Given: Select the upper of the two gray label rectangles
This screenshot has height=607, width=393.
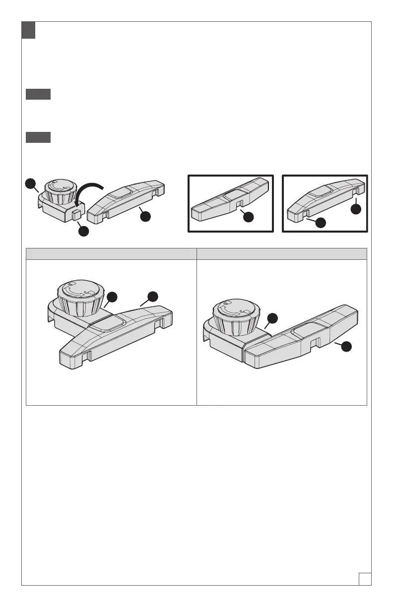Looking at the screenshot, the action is click(38, 95).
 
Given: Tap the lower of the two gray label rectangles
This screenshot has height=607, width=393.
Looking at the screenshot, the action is click(38, 137).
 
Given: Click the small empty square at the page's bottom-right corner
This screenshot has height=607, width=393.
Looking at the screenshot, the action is click(365, 578).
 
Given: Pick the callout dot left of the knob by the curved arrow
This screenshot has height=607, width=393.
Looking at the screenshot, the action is click(31, 184).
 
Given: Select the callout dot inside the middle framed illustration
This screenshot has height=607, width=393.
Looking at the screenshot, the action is click(246, 217).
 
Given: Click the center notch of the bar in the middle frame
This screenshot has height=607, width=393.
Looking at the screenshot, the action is click(238, 204).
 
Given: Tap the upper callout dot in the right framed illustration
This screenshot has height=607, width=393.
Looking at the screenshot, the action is click(356, 209).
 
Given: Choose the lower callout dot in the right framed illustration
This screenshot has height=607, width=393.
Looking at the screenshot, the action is click(320, 223).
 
